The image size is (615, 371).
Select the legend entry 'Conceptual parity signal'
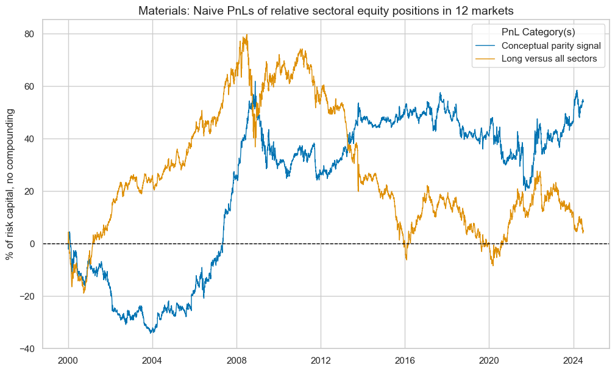click(x=551, y=46)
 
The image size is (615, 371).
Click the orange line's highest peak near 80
click(x=246, y=35)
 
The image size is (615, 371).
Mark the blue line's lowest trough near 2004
click(x=151, y=333)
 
